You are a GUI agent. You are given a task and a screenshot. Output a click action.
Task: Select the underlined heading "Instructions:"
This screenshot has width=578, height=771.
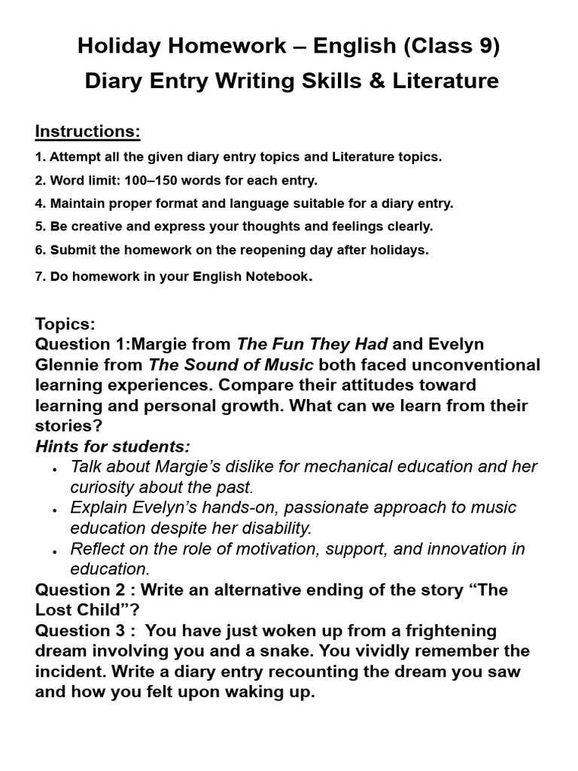coord(88,131)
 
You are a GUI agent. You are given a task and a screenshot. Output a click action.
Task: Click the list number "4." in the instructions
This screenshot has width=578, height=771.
coord(41,203)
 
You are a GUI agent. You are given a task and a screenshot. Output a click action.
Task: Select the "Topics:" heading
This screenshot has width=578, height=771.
coord(65,324)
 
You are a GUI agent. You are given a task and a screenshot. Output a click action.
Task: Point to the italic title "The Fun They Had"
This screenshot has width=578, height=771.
coord(312,344)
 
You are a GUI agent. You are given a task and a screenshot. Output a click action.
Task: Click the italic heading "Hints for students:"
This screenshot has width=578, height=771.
coord(113,446)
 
